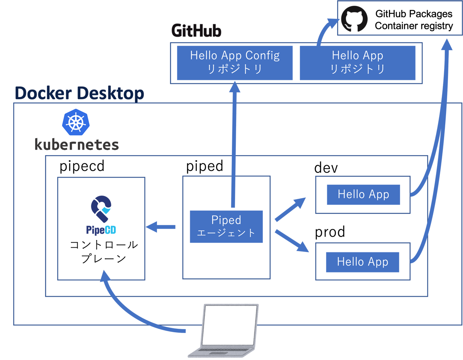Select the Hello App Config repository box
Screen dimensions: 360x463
point(235,63)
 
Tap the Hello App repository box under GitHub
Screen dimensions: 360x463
point(357,63)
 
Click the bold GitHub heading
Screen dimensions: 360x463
point(196,31)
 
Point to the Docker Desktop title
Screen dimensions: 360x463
point(79,93)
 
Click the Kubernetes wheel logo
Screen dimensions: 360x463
point(76,122)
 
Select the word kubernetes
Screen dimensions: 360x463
point(76,145)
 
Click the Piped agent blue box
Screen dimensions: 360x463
point(226,226)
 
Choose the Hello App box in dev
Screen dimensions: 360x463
point(363,194)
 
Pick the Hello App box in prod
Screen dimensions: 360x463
point(362,262)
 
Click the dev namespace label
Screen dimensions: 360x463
point(326,168)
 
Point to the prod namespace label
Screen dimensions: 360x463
point(330,232)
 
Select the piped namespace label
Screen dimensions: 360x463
point(204,166)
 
